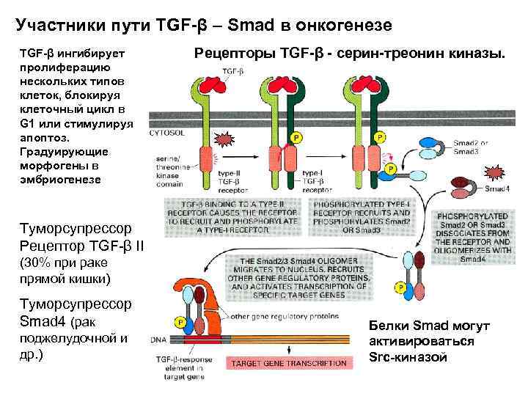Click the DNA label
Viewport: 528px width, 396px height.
click(158, 340)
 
